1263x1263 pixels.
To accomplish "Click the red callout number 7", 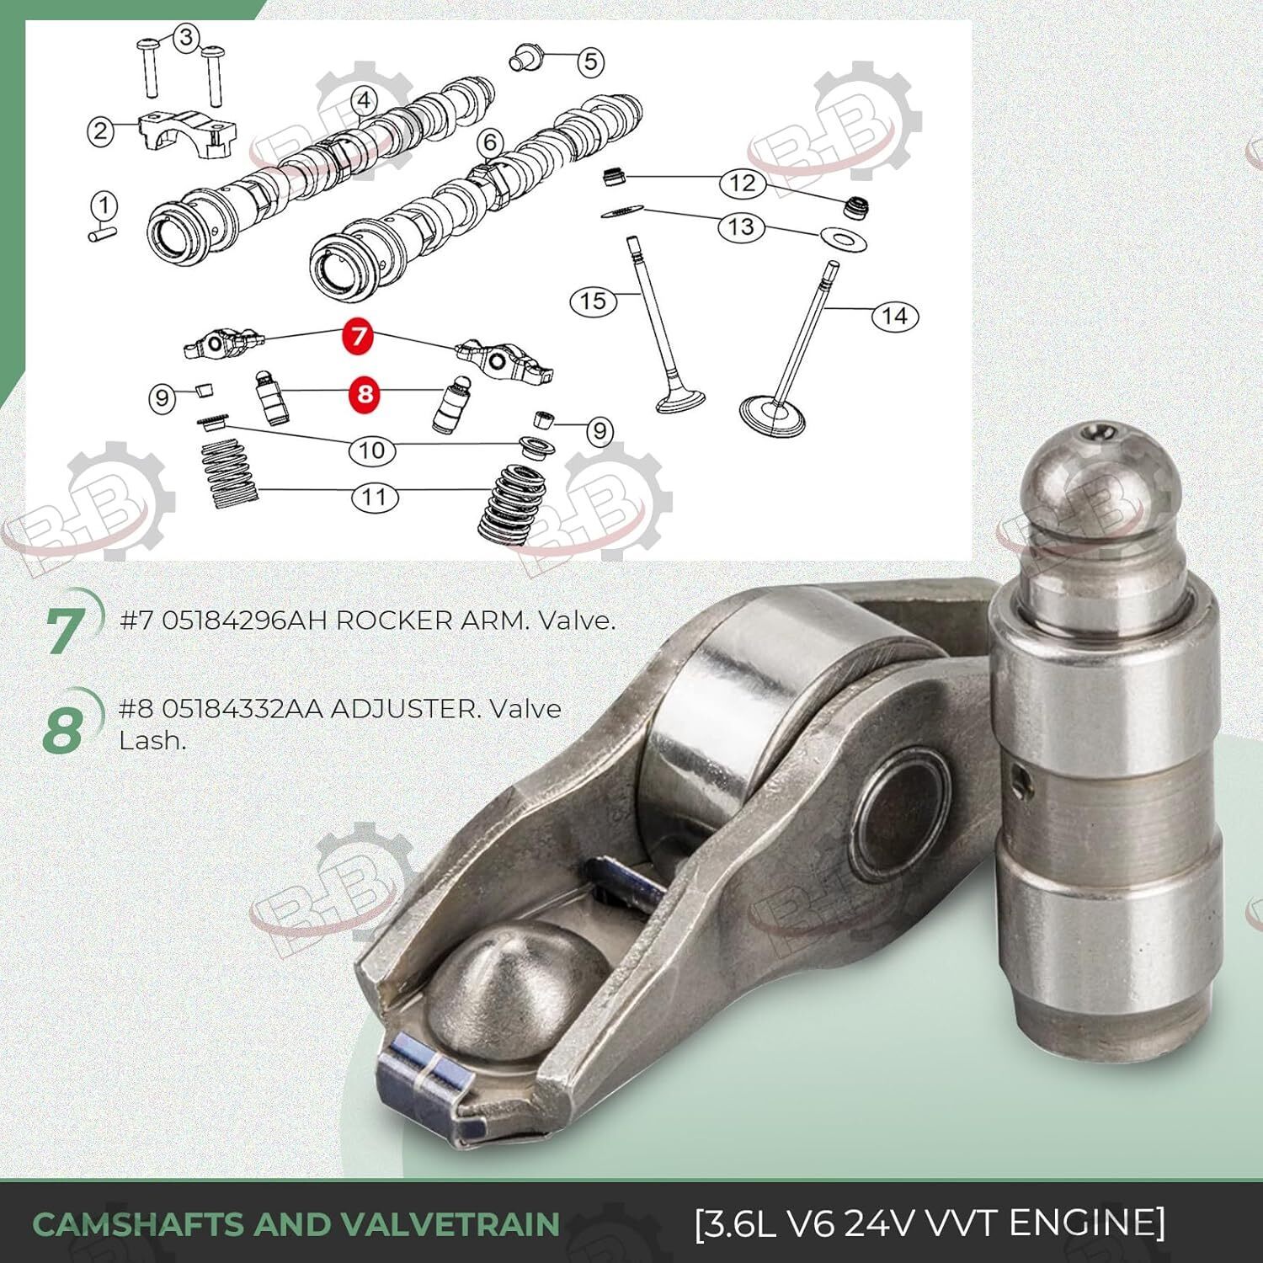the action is pyautogui.click(x=360, y=335).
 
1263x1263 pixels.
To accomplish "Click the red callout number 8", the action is pyautogui.click(x=365, y=393).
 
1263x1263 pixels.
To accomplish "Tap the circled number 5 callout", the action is pyautogui.click(x=590, y=61).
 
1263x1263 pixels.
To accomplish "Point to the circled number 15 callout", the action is pyautogui.click(x=593, y=301).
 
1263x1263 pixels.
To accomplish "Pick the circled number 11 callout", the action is pyautogui.click(x=374, y=497).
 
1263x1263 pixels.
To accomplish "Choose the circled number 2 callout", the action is pyautogui.click(x=101, y=131).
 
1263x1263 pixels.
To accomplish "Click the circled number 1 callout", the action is pyautogui.click(x=104, y=205).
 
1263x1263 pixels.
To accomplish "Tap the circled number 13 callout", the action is pyautogui.click(x=741, y=226).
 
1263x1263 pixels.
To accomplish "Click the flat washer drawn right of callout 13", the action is pyautogui.click(x=841, y=238).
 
